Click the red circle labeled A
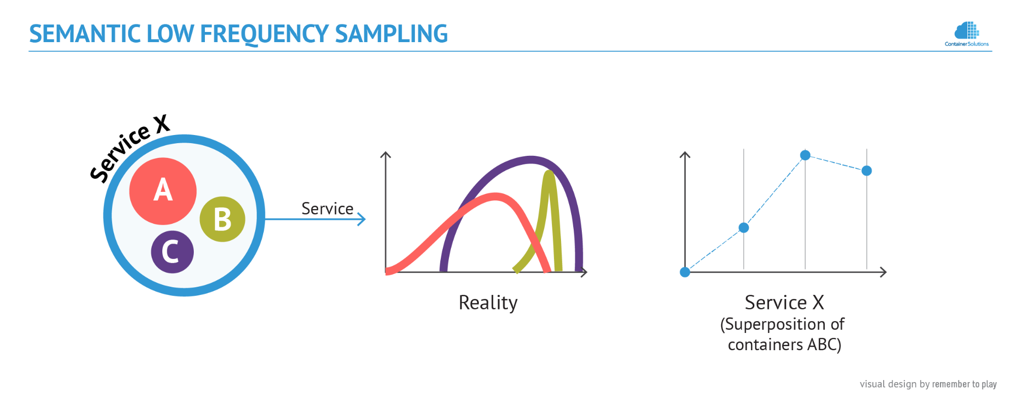[163, 191]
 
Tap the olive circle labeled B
[222, 219]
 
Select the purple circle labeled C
[172, 252]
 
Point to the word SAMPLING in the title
[391, 34]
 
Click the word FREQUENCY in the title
[265, 35]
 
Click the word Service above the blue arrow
[327, 209]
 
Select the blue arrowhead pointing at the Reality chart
[362, 219]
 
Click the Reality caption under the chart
[488, 302]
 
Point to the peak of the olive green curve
[549, 173]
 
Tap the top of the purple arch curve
[531, 159]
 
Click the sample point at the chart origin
[685, 272]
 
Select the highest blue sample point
[805, 155]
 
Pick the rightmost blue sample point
[867, 171]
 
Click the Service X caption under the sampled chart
[784, 302]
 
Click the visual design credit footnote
[928, 384]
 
